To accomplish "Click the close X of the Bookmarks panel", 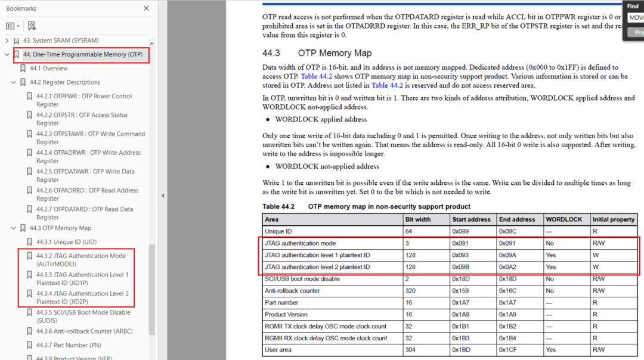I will (147, 8).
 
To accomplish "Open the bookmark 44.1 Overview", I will (48, 69).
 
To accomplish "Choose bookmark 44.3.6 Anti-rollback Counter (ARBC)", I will (84, 331).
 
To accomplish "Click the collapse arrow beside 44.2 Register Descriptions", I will (14, 82).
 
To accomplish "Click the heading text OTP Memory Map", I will (335, 53).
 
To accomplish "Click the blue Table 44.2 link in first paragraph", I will (317, 76).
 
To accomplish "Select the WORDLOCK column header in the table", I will (563, 219).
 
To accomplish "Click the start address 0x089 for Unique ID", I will (461, 231).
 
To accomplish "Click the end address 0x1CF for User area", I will (509, 350).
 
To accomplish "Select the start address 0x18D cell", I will (462, 279).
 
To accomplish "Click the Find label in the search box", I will (633, 6).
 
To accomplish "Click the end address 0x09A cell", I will (509, 255).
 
